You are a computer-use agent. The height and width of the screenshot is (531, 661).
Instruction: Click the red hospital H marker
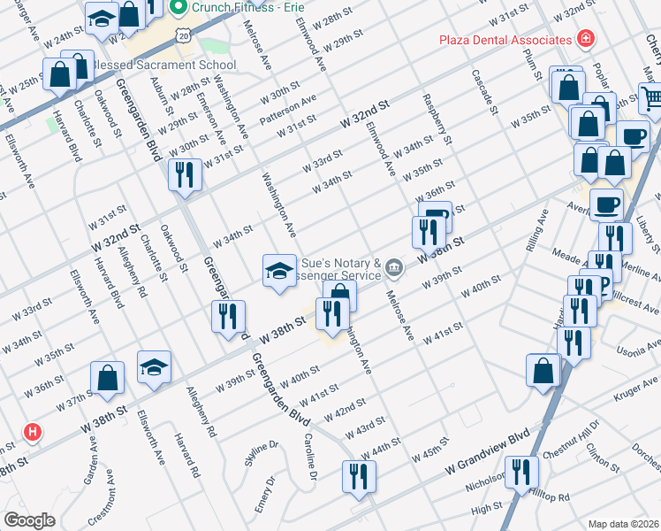[33, 432]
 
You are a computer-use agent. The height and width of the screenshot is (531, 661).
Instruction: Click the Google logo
[29, 519]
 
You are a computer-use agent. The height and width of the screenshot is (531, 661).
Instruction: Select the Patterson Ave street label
[287, 110]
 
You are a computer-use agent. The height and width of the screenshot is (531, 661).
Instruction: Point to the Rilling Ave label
[537, 232]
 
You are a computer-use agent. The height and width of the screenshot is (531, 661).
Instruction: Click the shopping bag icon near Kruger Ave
[543, 371]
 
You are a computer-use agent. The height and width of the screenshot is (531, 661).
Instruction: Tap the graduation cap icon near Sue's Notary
[279, 270]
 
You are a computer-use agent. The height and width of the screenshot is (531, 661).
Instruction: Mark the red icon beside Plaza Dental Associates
[584, 39]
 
